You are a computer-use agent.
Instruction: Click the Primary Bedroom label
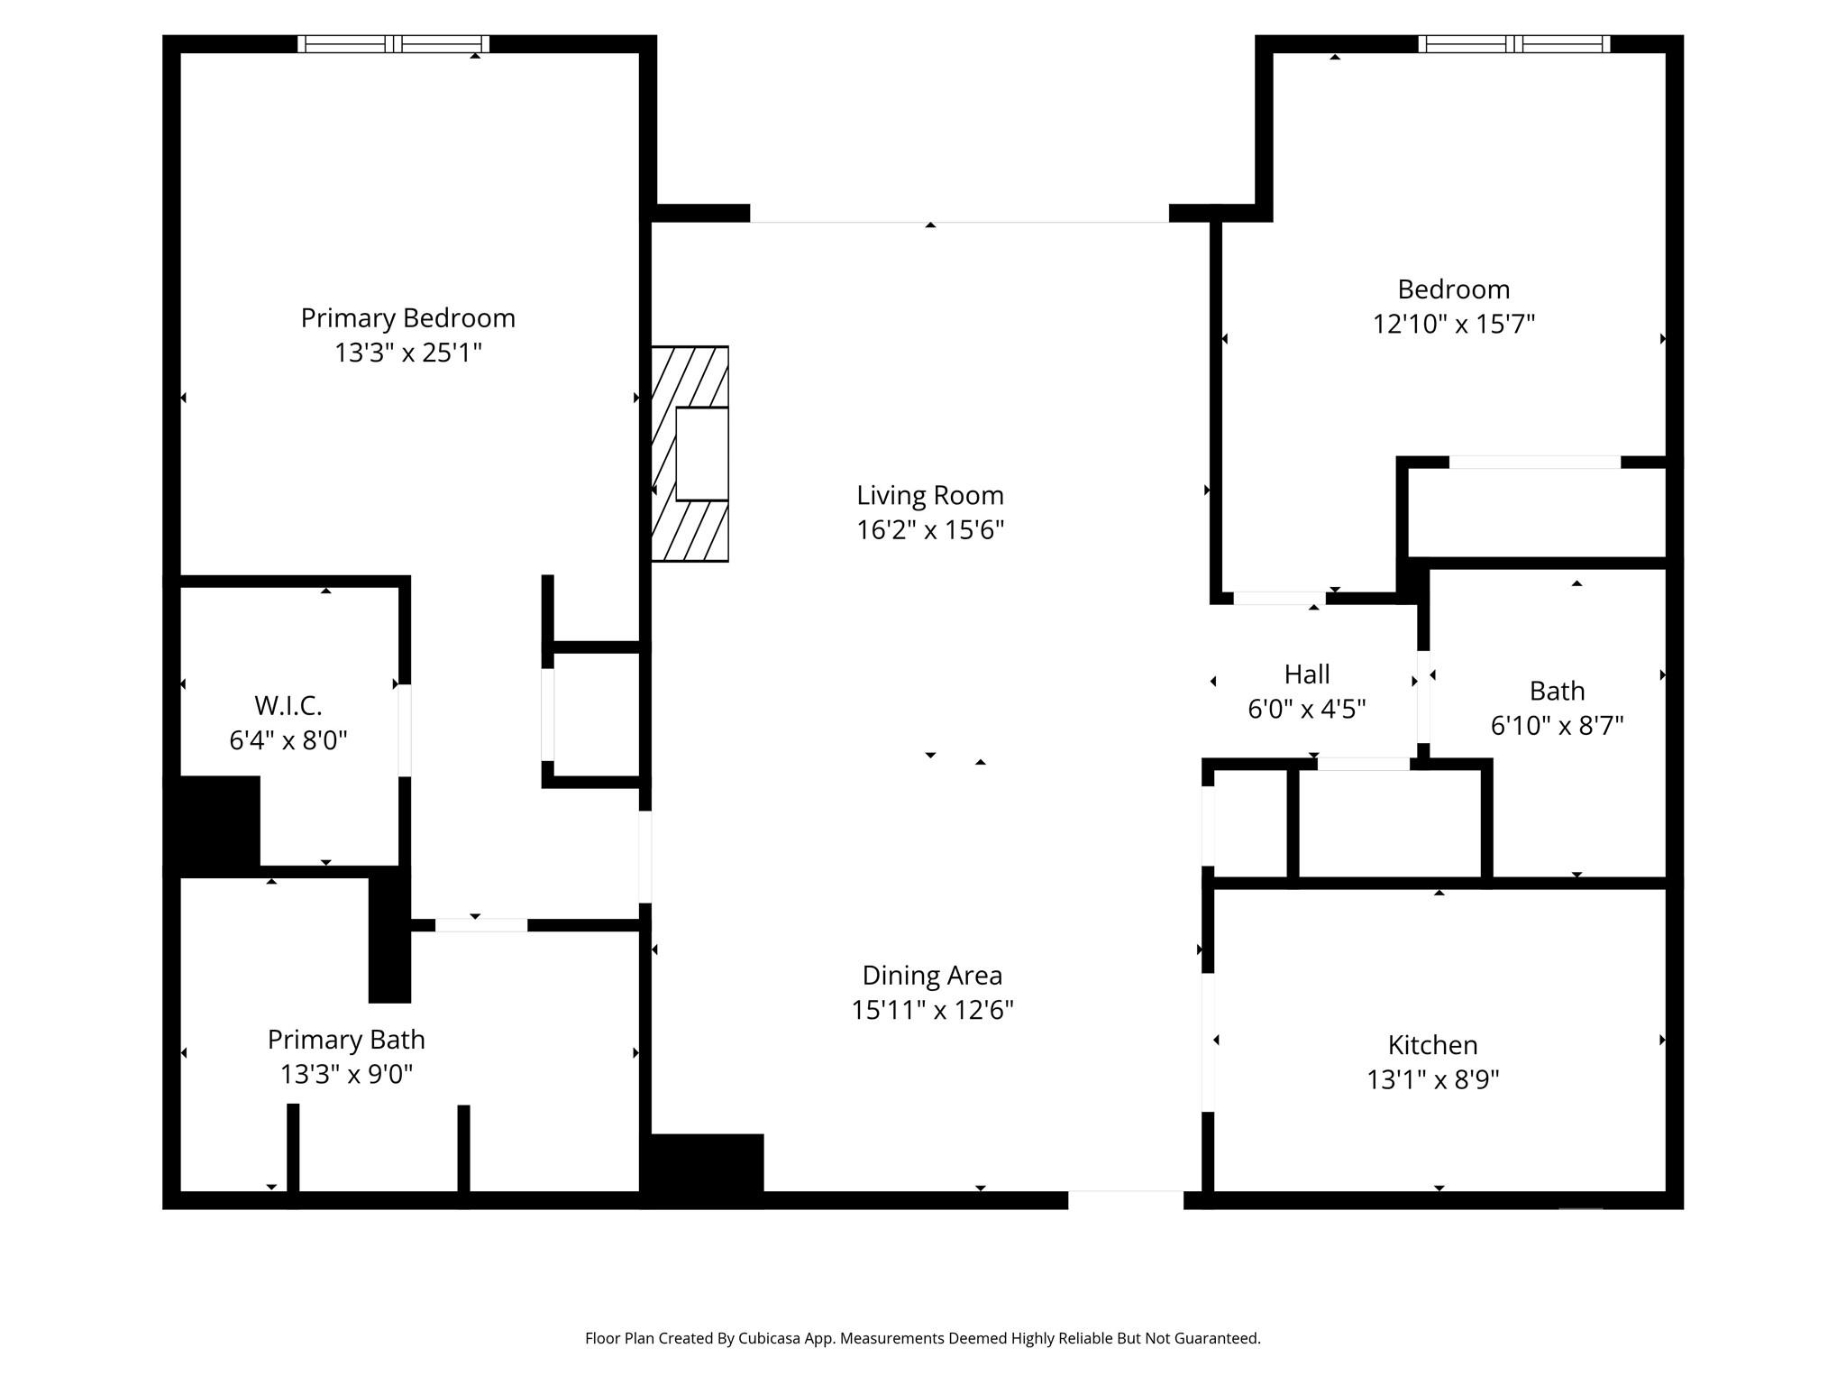tap(407, 318)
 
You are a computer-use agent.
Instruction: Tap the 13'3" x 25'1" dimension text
tap(407, 353)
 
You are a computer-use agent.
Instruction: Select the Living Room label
tap(929, 495)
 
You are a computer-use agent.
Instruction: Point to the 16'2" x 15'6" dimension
tap(929, 529)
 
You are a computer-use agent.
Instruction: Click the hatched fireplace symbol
tap(690, 454)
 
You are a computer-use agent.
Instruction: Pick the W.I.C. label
tap(288, 705)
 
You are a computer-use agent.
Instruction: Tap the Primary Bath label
tap(346, 1040)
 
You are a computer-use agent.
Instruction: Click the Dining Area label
tap(932, 976)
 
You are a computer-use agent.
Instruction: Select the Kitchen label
tap(1432, 1045)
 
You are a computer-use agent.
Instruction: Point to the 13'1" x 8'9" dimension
tap(1432, 1079)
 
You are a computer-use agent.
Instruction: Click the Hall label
tap(1306, 674)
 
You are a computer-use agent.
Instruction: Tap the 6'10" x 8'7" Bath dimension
tap(1557, 725)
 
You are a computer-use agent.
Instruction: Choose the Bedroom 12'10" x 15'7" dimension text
tap(1453, 324)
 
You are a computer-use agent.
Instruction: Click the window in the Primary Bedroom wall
tap(393, 44)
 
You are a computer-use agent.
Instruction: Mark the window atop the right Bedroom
tap(1513, 44)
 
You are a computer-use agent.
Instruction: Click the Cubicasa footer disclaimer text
tap(922, 1338)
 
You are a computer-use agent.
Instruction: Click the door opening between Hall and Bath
tap(1423, 708)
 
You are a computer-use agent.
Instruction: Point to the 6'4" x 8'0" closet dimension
tap(288, 740)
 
